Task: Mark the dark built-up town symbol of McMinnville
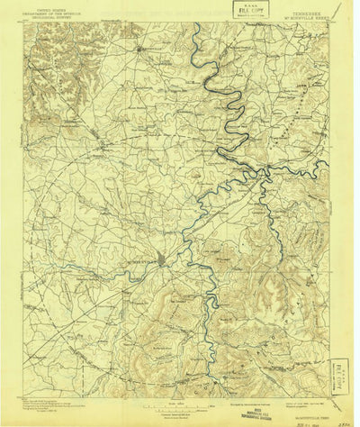(x=160, y=262)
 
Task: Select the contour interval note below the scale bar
(x=179, y=412)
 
